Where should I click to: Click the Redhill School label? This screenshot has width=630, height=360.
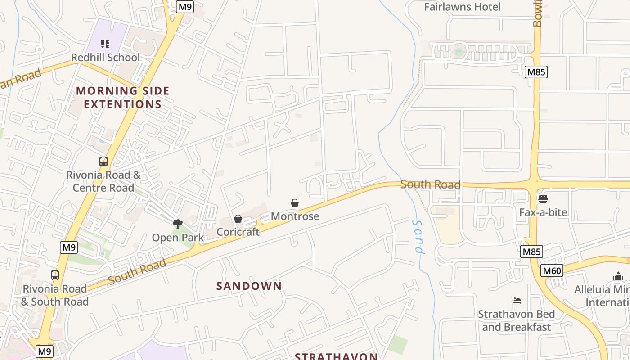tap(106, 58)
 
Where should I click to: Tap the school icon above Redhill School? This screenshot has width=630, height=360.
tap(105, 44)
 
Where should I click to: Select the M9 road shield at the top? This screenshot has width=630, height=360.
tap(185, 7)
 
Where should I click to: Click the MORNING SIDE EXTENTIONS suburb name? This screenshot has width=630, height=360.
tap(123, 97)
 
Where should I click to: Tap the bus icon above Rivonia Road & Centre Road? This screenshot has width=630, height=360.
tap(103, 161)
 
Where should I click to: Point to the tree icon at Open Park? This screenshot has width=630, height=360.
tap(178, 224)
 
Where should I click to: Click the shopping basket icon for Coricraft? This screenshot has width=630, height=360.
tap(238, 219)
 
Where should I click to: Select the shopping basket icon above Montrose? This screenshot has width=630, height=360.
tap(295, 203)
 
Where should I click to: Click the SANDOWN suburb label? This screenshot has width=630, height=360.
tap(249, 286)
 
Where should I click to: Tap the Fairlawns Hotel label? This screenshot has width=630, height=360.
tap(463, 7)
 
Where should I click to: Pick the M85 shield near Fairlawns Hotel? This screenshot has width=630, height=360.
tap(536, 72)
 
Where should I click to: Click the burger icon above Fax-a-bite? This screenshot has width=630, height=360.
tap(543, 198)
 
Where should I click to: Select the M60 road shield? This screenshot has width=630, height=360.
tap(552, 270)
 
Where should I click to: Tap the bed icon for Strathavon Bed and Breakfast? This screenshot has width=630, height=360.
tap(517, 301)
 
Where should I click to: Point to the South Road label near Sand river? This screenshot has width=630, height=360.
tap(430, 184)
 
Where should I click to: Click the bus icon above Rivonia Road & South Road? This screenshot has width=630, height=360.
tap(55, 275)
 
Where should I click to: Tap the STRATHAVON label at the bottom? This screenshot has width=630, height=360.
tap(336, 356)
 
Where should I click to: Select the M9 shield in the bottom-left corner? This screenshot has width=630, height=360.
tap(45, 351)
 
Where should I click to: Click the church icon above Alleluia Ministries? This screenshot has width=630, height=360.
tap(618, 276)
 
